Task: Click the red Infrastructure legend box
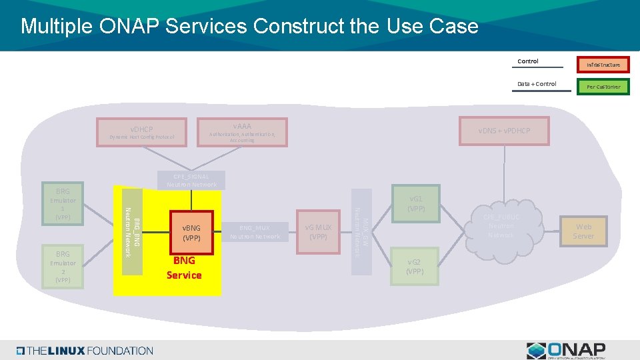tap(603, 65)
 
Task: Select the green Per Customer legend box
tap(603, 87)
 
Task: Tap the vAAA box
tap(242, 132)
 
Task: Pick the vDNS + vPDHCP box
tap(503, 131)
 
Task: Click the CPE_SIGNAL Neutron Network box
tap(191, 180)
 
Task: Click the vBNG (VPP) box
tap(191, 232)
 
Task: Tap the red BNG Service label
tap(184, 268)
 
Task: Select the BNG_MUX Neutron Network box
tap(255, 232)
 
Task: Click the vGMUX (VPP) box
tap(319, 232)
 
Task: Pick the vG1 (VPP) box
tap(416, 203)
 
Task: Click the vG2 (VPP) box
tap(415, 266)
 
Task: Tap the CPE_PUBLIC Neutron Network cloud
tap(501, 227)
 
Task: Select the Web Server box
tap(583, 231)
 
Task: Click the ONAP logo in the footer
tap(566, 351)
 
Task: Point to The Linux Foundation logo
tap(85, 351)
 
